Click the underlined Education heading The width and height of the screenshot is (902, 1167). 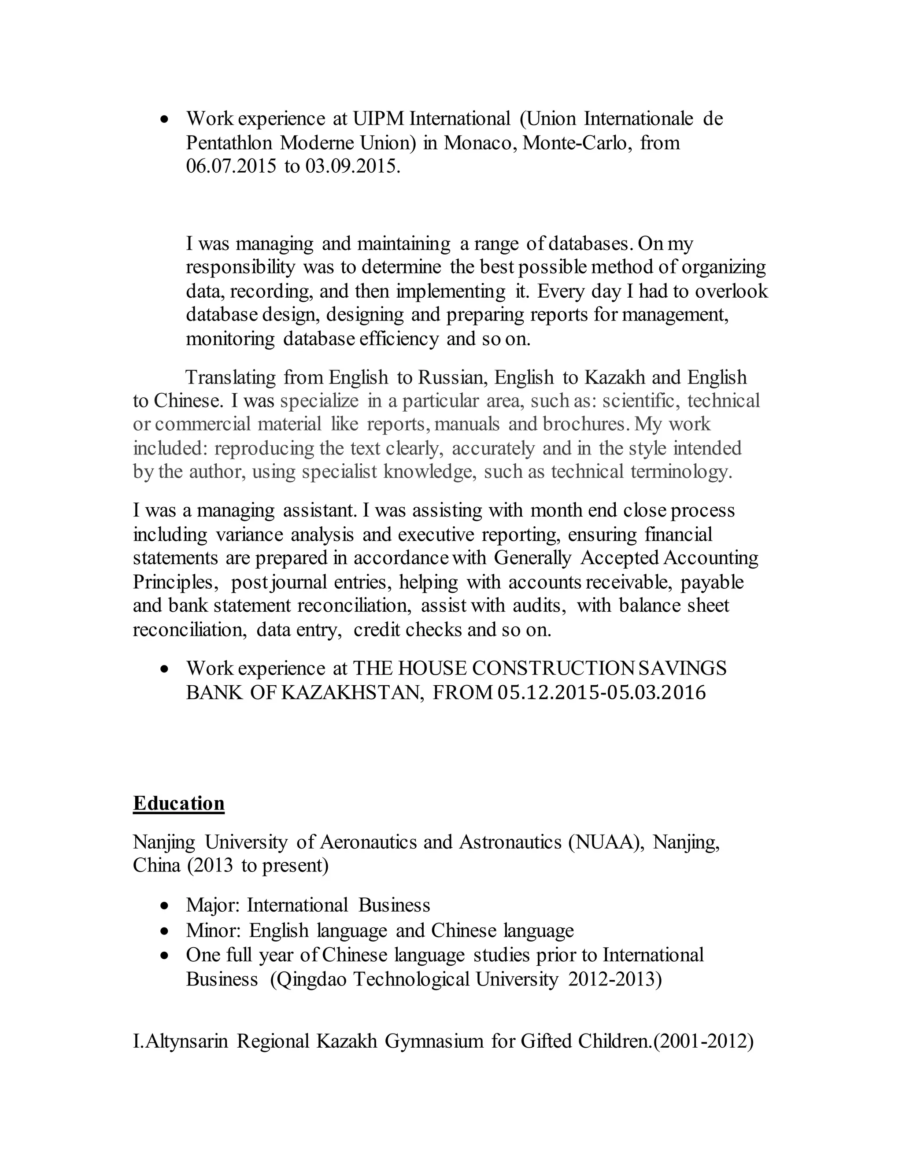178,804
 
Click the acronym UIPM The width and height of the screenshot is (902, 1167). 378,118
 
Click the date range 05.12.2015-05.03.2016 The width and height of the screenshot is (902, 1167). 602,693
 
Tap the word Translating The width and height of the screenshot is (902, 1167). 230,377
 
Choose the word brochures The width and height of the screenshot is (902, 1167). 584,424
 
